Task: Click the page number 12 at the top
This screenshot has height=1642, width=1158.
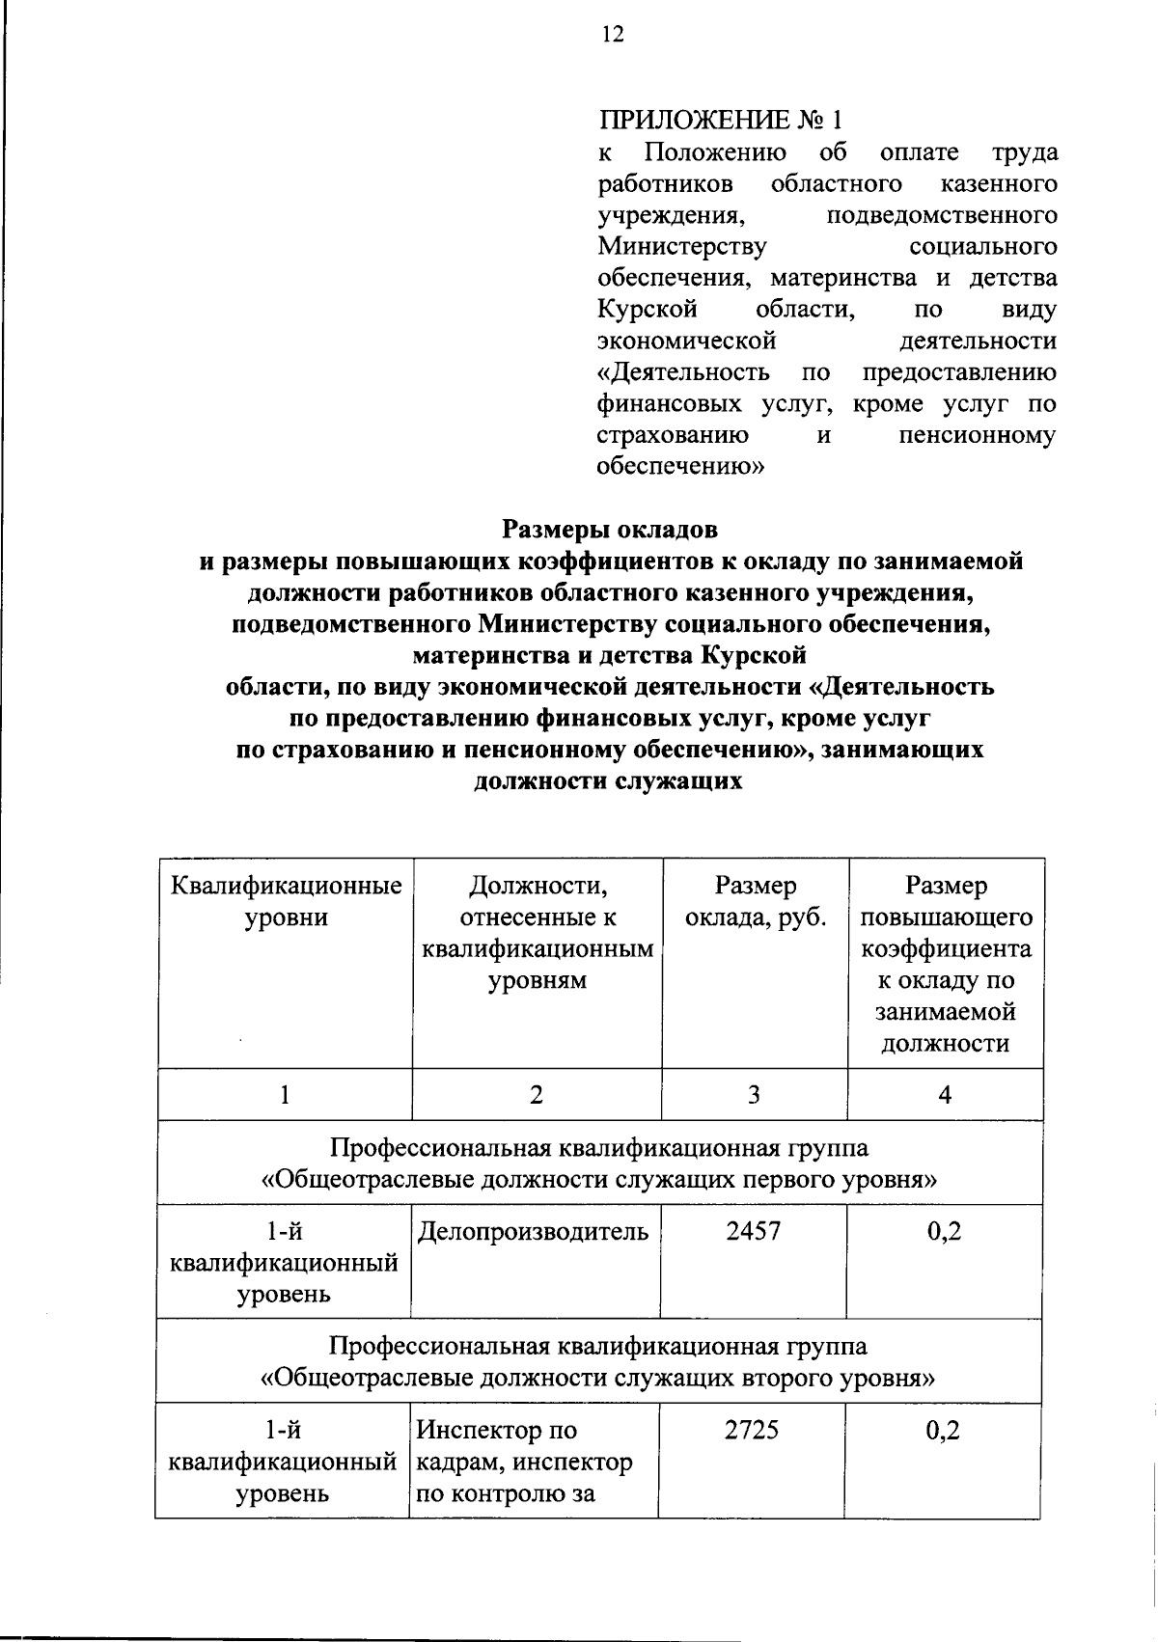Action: pos(612,36)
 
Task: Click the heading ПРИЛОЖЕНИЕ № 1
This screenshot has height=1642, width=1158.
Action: pos(720,121)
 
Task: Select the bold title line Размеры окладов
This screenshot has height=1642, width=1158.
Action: pos(609,530)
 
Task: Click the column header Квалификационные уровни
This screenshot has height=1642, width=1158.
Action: pos(286,901)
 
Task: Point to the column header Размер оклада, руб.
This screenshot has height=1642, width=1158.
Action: pos(756,901)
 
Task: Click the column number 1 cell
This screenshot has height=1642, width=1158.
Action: pos(285,1095)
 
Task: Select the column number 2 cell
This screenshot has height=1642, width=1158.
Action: pos(537,1095)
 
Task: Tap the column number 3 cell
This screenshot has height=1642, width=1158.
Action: pos(754,1095)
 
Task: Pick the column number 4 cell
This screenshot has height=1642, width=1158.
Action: pos(945,1095)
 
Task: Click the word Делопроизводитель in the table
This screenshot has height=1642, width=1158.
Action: pos(533,1232)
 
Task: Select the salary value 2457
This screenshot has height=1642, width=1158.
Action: pos(754,1232)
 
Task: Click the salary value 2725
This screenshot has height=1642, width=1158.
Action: pos(752,1431)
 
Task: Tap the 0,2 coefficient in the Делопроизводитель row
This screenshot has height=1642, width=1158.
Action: pos(944,1232)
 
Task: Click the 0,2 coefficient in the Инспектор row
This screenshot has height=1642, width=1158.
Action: pos(943,1431)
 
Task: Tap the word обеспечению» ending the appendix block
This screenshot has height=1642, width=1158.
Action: pos(680,468)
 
